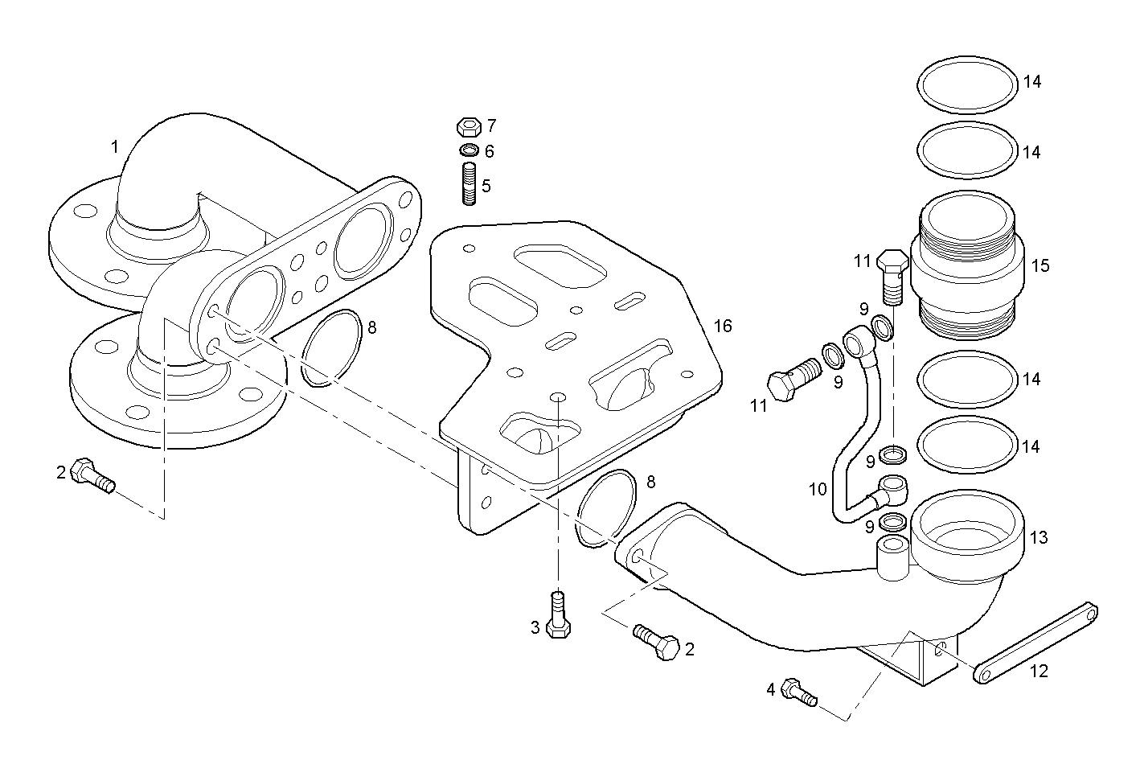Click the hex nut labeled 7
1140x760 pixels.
[469, 127]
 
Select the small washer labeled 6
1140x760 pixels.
[469, 150]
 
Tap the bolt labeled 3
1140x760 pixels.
[557, 617]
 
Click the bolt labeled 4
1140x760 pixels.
[799, 692]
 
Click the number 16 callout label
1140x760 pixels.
[723, 326]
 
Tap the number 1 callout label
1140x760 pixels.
[115, 146]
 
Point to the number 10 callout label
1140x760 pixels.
[818, 489]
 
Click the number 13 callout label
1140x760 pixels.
[1039, 537]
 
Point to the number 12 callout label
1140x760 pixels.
[1040, 671]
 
